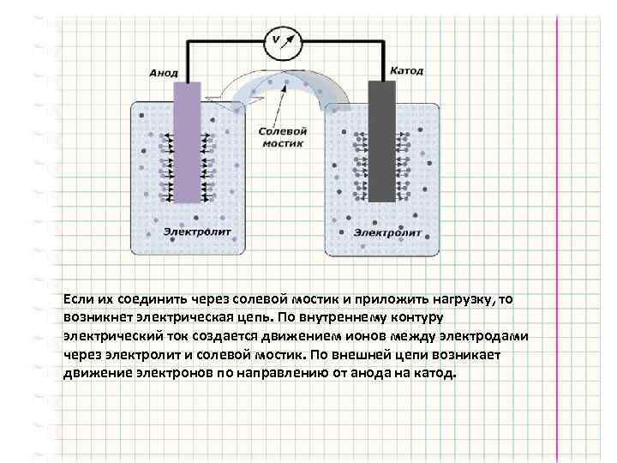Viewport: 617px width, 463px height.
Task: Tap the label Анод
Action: coord(163,74)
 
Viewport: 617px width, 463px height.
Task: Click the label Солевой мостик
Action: coord(282,136)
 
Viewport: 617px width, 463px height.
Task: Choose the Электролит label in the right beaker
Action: coord(387,232)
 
